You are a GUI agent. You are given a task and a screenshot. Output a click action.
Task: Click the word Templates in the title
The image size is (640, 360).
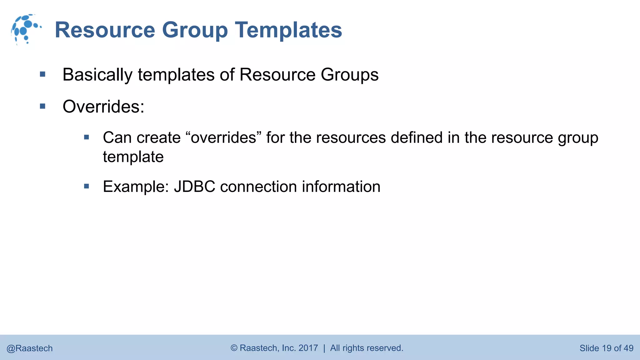[288, 30]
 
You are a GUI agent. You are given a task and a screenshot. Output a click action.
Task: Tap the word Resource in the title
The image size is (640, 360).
[105, 30]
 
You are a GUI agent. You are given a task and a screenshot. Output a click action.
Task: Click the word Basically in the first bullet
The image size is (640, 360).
[97, 75]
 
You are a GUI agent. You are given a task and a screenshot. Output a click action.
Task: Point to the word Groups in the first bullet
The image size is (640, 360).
[349, 75]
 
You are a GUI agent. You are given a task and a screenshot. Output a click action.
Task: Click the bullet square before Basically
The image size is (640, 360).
[43, 74]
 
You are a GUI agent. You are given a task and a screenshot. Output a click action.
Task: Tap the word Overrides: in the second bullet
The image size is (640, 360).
[103, 107]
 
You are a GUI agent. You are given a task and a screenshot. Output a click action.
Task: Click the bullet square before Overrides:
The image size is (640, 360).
[43, 106]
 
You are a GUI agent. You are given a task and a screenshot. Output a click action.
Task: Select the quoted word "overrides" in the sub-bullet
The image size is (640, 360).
[223, 138]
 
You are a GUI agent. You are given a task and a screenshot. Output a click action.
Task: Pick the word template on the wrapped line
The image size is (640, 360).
[133, 157]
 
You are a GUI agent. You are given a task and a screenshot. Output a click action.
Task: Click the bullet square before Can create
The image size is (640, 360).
[87, 137]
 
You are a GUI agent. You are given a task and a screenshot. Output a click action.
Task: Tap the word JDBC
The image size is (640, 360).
[194, 187]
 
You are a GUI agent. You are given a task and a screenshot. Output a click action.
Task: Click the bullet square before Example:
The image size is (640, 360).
[87, 187]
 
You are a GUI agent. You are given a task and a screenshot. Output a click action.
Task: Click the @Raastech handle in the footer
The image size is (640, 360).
[30, 348]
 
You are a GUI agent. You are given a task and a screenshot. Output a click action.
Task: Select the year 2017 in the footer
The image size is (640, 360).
[308, 348]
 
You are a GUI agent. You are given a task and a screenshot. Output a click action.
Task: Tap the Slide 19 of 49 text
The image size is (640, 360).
[606, 348]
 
